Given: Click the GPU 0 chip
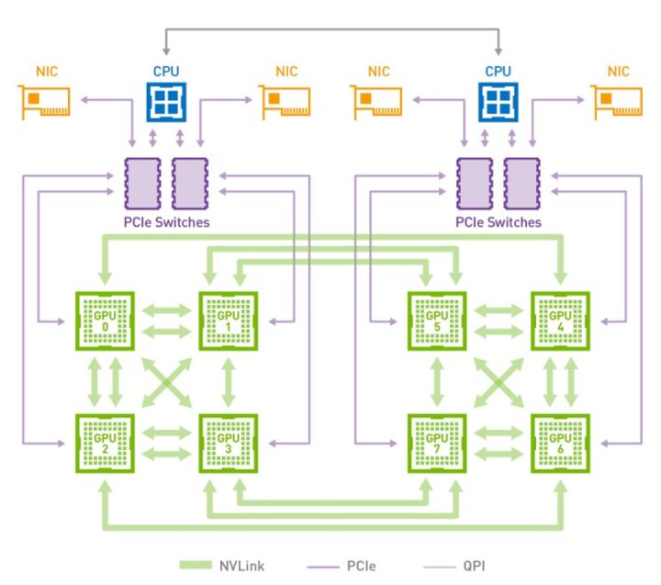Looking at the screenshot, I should pos(105,321).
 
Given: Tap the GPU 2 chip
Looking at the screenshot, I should pos(105,443).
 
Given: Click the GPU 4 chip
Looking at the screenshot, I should pos(559,321).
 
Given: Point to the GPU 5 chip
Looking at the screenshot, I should pos(436,321).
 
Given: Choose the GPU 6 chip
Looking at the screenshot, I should pos(559,443).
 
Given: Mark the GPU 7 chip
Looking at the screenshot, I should pos(436,443).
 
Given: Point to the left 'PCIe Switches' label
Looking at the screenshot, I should pos(166,222).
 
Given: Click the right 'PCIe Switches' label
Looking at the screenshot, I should pos(499,222).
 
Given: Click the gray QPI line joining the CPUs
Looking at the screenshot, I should pos(331,30).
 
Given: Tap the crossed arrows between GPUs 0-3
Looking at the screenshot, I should pos(166,381).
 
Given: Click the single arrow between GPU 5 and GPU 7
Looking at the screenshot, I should pos(436,381).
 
